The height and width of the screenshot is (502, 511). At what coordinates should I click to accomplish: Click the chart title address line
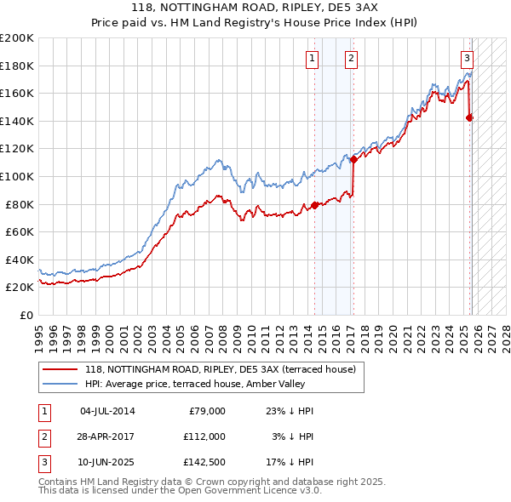pyautogui.click(x=255, y=7)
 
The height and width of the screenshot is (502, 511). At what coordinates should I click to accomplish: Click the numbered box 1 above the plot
pyautogui.click(x=313, y=59)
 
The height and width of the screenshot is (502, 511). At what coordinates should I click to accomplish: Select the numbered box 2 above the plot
pyautogui.click(x=351, y=59)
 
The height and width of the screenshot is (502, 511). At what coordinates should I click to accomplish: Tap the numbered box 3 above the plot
pyautogui.click(x=468, y=59)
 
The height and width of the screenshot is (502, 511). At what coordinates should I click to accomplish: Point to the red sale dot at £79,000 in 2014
pyautogui.click(x=314, y=205)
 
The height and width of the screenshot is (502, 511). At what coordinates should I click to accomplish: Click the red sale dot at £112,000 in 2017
pyautogui.click(x=353, y=159)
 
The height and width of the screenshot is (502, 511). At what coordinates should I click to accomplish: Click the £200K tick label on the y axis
pyautogui.click(x=17, y=38)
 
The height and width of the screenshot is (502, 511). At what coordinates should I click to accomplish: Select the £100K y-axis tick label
pyautogui.click(x=17, y=176)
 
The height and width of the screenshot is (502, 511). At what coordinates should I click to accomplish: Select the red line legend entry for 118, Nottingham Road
pyautogui.click(x=225, y=369)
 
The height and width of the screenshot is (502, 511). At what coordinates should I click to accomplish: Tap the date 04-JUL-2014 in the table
pyautogui.click(x=107, y=411)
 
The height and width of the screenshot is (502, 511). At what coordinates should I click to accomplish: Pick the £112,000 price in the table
pyautogui.click(x=204, y=436)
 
